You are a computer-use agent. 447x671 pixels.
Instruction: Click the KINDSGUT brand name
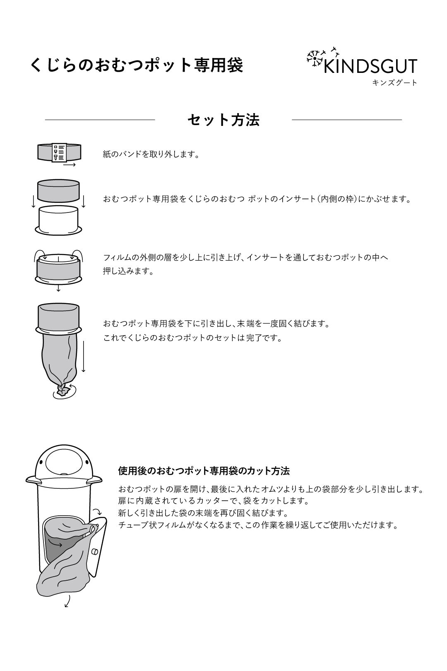point(371,66)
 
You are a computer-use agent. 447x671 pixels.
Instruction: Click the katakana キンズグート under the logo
point(395,82)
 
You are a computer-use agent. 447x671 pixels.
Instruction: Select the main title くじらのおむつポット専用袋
point(137,65)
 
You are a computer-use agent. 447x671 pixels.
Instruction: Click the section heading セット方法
point(223,120)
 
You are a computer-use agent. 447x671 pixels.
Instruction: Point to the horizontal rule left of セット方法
point(100,120)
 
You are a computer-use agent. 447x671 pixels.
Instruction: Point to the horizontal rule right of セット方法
point(347,120)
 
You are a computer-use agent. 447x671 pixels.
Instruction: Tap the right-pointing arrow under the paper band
point(70,165)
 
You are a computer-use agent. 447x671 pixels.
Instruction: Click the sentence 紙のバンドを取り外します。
point(151,154)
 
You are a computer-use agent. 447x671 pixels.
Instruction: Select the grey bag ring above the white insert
point(58,191)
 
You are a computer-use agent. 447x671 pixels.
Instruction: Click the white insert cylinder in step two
point(58,218)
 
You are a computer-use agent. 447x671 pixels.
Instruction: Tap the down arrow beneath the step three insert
point(58,288)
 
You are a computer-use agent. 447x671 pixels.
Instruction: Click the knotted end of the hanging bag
point(63,390)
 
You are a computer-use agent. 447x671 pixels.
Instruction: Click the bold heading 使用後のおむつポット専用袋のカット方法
point(204,471)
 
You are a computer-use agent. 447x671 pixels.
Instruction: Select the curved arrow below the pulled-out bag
point(67,601)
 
